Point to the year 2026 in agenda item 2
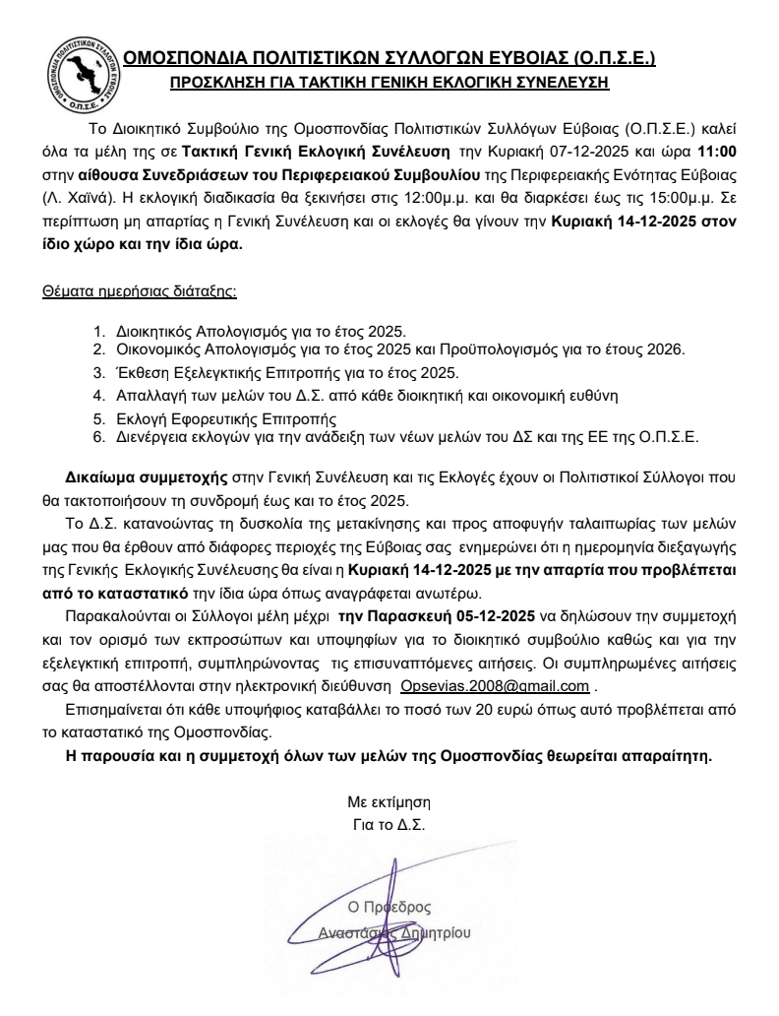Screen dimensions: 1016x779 point(663,349)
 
